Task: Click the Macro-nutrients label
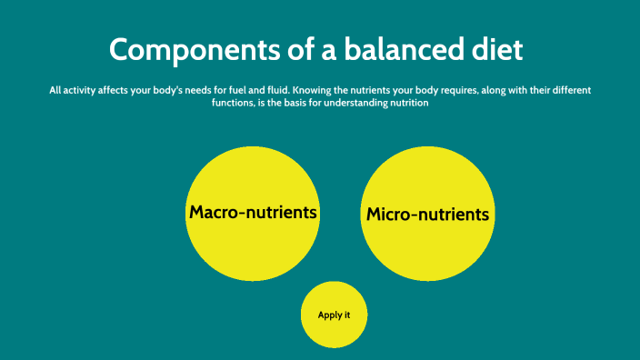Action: pos(253,213)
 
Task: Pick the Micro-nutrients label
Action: pos(427,215)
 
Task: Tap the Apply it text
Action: pos(334,315)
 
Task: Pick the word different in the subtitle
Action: pos(568,91)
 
